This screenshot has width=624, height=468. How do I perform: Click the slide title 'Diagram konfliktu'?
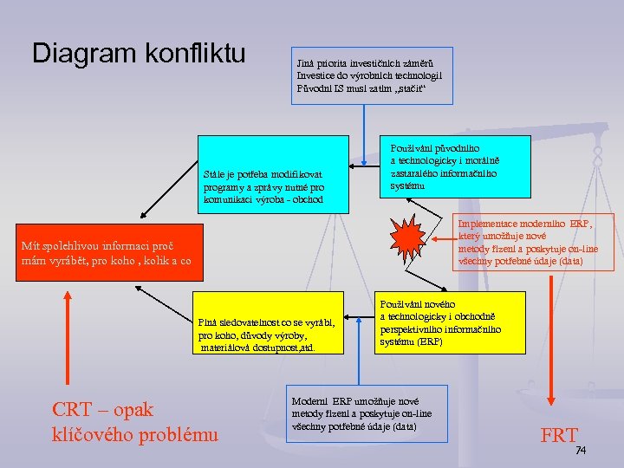139,53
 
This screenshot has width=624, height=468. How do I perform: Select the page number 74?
582,451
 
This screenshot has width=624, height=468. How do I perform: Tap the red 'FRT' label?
558,435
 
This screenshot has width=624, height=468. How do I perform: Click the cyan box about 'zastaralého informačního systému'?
456,167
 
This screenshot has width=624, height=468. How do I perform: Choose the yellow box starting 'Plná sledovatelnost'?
273,322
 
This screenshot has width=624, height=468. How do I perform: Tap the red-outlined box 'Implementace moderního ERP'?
533,243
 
